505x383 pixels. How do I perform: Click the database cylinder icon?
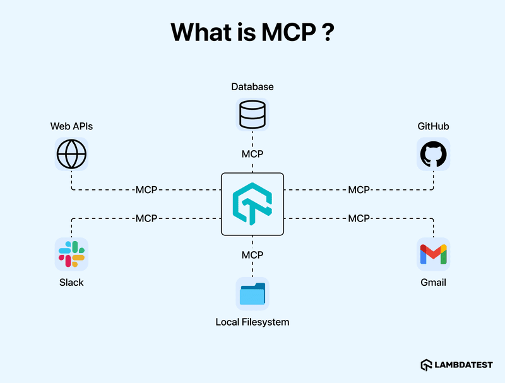pyautogui.click(x=252, y=115)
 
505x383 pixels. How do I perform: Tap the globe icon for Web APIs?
pyautogui.click(x=71, y=153)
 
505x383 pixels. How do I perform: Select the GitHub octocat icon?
pyautogui.click(x=433, y=153)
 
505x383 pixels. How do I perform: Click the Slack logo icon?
pyautogui.click(x=71, y=254)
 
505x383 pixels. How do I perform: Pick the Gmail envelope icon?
pyautogui.click(x=433, y=254)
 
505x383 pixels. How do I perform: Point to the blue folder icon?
pyautogui.click(x=252, y=294)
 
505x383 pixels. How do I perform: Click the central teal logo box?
pyautogui.click(x=252, y=204)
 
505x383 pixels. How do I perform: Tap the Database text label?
pyautogui.click(x=252, y=86)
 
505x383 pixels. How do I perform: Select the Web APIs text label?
pyautogui.click(x=72, y=126)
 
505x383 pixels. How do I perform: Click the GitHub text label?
pyautogui.click(x=433, y=126)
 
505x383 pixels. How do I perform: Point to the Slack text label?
pyautogui.click(x=71, y=282)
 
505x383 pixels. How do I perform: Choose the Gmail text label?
pyautogui.click(x=433, y=282)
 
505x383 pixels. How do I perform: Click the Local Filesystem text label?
pyautogui.click(x=252, y=322)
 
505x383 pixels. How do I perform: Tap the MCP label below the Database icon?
pyautogui.click(x=252, y=153)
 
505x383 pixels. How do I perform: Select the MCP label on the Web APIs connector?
pyautogui.click(x=146, y=189)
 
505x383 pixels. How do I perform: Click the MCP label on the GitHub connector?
pyautogui.click(x=359, y=189)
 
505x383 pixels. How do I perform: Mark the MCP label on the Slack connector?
pyautogui.click(x=146, y=218)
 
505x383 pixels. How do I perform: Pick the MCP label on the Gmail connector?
pyautogui.click(x=359, y=218)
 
